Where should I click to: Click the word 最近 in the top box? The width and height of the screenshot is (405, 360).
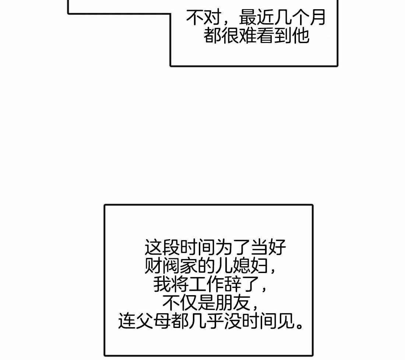[x=256, y=17]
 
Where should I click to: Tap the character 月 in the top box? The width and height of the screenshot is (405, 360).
[x=317, y=17]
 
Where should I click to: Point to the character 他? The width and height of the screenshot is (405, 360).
[x=300, y=36]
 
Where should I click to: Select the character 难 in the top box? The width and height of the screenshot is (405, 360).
[x=247, y=36]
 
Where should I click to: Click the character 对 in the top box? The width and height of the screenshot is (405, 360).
[x=212, y=17]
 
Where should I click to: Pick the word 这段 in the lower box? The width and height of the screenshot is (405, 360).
[x=162, y=248]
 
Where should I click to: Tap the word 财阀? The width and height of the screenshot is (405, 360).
[x=162, y=266]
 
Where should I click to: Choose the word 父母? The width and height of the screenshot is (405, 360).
[x=153, y=321]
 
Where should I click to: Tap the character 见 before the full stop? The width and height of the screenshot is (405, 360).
[x=285, y=321]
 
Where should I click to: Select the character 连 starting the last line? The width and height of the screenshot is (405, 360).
[x=127, y=321]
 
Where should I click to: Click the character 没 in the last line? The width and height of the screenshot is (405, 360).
[x=233, y=321]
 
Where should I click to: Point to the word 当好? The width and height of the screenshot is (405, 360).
[x=268, y=248]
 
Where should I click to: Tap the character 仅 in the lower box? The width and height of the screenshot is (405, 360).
[x=189, y=303]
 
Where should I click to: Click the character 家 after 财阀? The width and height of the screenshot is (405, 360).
[x=189, y=266]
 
